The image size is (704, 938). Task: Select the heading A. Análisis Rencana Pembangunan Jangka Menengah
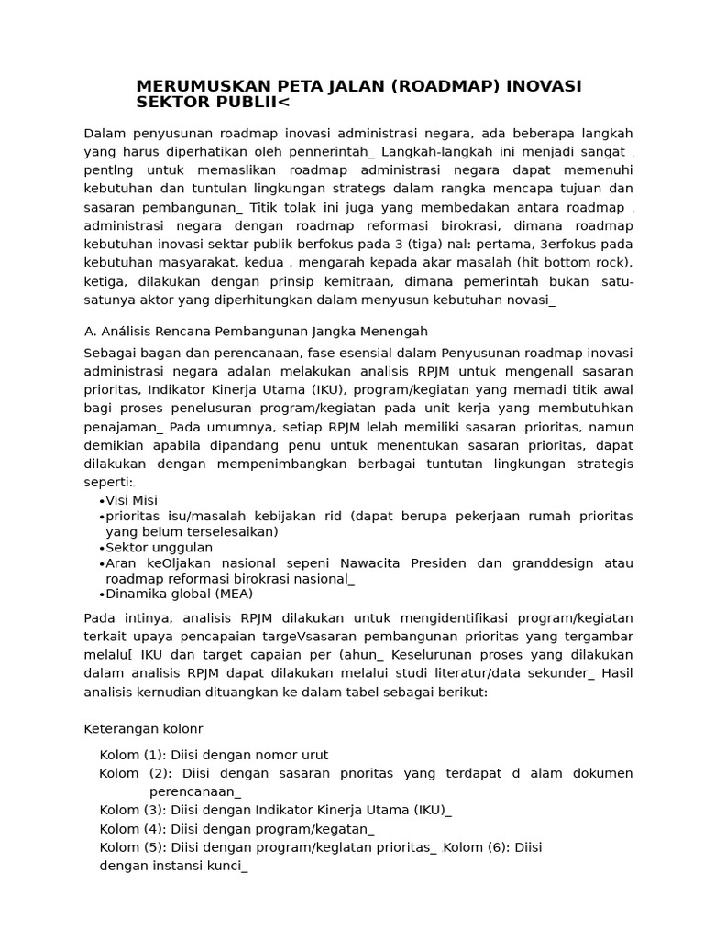tap(256, 331)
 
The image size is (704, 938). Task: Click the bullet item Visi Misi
tap(131, 500)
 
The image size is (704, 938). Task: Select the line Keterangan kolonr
tap(143, 729)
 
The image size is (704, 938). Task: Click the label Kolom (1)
tap(132, 755)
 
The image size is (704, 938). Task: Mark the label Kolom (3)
tap(132, 810)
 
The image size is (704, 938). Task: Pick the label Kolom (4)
tap(132, 829)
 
